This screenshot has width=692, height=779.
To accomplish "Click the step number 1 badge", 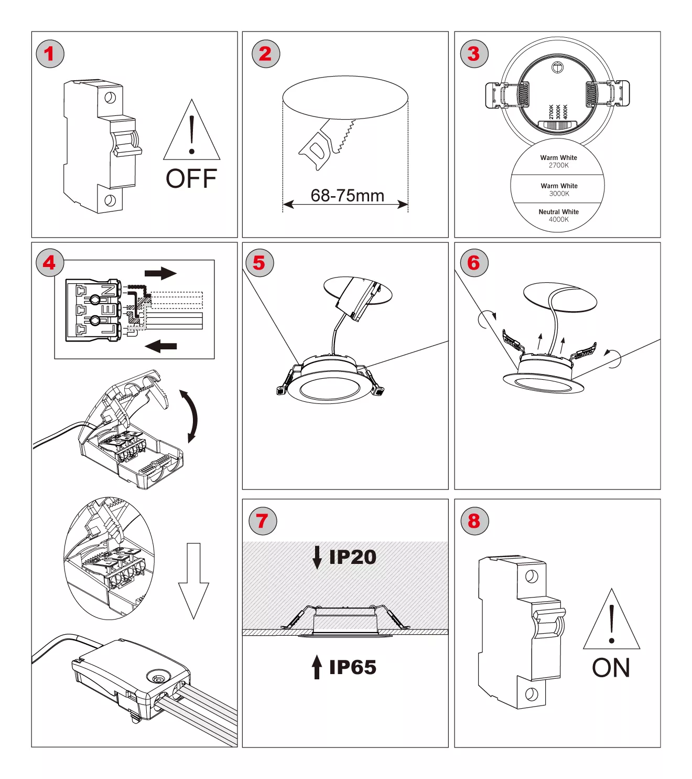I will (x=50, y=54).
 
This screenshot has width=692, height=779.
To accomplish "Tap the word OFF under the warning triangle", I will (x=191, y=179).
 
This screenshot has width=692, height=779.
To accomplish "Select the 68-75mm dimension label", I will (x=347, y=196).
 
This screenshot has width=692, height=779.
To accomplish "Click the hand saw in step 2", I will (x=326, y=143).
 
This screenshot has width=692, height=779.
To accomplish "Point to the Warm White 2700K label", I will (x=558, y=162).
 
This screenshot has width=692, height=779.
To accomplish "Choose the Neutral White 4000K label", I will (x=558, y=216).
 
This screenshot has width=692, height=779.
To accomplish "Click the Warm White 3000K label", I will (x=559, y=189).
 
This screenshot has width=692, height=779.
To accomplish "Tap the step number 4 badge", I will (x=50, y=263).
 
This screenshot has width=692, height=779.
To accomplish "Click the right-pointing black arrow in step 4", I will (x=160, y=273).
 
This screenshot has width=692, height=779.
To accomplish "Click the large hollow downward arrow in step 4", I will (x=193, y=580).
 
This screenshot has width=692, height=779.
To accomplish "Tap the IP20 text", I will (x=352, y=557).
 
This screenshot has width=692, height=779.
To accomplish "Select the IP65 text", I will (x=352, y=667).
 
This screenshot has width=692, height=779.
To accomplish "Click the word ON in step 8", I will (x=611, y=668).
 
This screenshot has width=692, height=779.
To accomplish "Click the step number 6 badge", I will (x=474, y=263).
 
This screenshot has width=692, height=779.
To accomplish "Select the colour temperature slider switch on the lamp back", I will (x=558, y=125).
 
